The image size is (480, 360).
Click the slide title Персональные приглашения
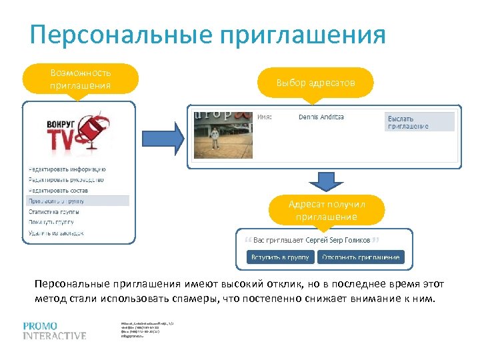tap(207, 35)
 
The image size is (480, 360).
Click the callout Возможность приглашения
tap(80, 79)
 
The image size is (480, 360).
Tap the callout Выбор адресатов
tap(316, 83)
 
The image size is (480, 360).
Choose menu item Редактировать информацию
tap(67, 169)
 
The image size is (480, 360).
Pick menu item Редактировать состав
tap(58, 191)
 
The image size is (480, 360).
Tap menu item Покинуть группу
tap(51, 221)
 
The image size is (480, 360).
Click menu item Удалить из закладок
tap(56, 233)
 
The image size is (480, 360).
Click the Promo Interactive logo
tap(55, 331)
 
